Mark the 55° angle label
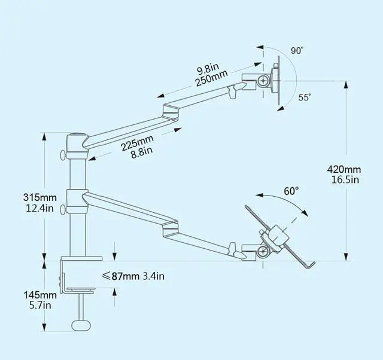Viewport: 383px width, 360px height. click(305, 97)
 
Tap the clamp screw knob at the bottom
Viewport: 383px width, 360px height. click(82, 325)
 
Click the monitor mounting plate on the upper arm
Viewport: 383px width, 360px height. click(275, 81)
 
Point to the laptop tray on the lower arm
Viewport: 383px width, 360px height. click(281, 239)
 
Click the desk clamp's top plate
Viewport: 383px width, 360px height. click(82, 259)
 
